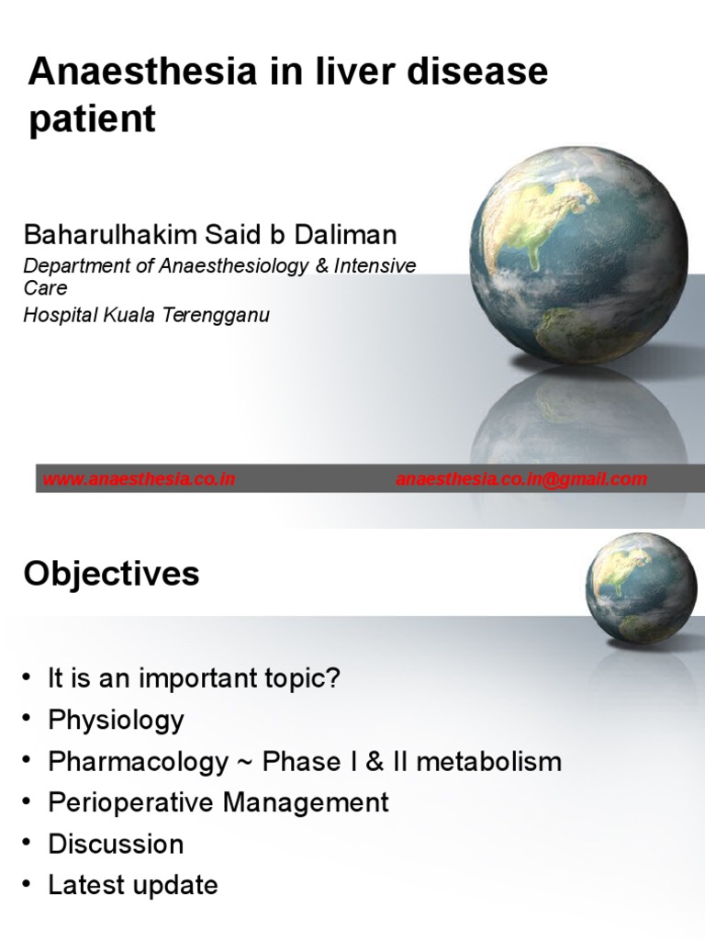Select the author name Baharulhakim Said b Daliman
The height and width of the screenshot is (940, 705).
210,235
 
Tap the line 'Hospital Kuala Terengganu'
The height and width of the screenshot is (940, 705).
146,315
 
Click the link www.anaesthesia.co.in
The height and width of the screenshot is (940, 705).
139,479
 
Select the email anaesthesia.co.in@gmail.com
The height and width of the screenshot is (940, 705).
520,479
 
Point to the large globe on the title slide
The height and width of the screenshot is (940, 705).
577,255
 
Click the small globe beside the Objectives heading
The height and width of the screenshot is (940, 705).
641,588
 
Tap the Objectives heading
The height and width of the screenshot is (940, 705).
111,574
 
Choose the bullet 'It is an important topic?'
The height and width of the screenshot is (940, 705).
194,678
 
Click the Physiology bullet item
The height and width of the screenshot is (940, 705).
116,720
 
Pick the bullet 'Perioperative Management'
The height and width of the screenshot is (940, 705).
218,802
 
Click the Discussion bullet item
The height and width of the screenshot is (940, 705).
116,844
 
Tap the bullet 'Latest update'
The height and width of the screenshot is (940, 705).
133,885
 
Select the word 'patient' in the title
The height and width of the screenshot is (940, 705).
92,119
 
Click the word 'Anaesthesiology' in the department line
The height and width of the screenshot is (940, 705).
219,265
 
